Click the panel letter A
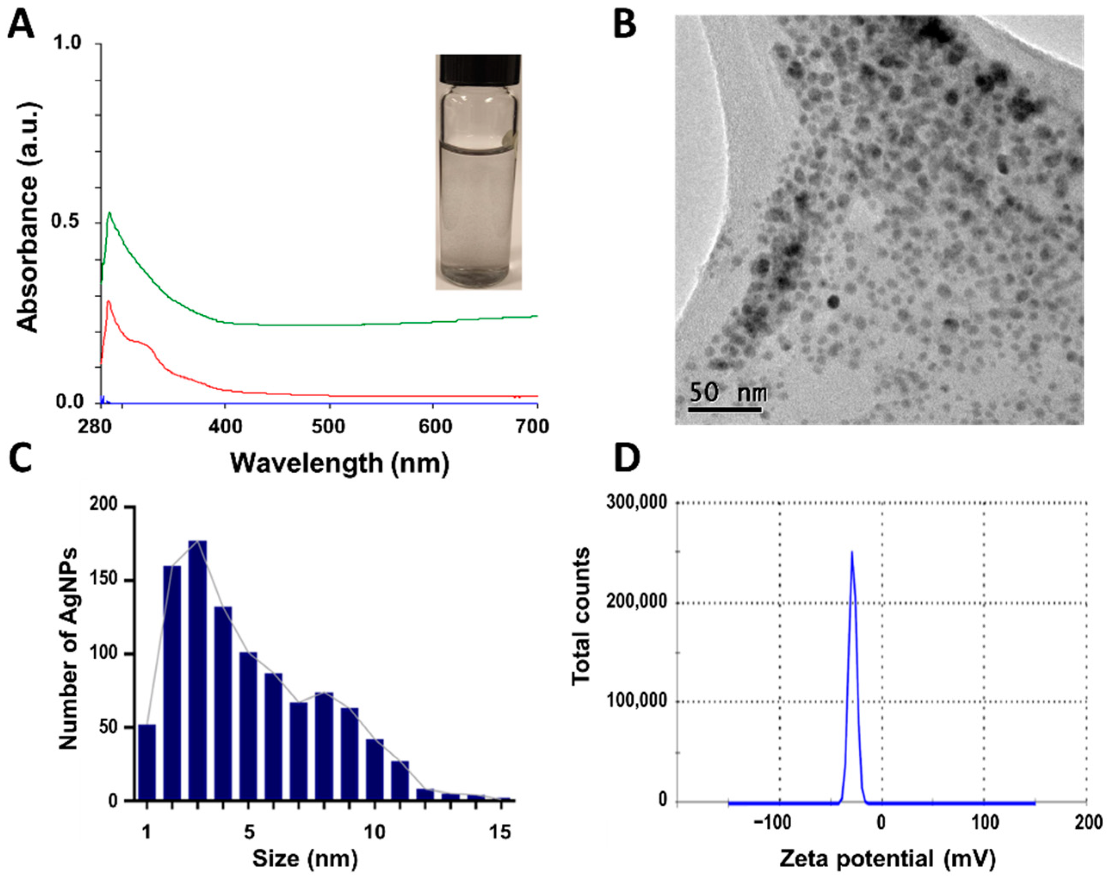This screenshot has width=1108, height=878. (21, 26)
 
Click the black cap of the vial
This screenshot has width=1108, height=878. (478, 68)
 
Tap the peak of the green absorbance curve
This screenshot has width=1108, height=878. (109, 213)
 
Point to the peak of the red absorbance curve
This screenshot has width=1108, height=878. (108, 302)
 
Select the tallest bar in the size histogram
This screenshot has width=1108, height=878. (198, 673)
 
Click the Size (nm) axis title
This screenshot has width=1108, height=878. (305, 858)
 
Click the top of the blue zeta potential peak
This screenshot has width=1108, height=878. (852, 552)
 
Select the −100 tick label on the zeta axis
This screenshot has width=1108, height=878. (777, 822)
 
